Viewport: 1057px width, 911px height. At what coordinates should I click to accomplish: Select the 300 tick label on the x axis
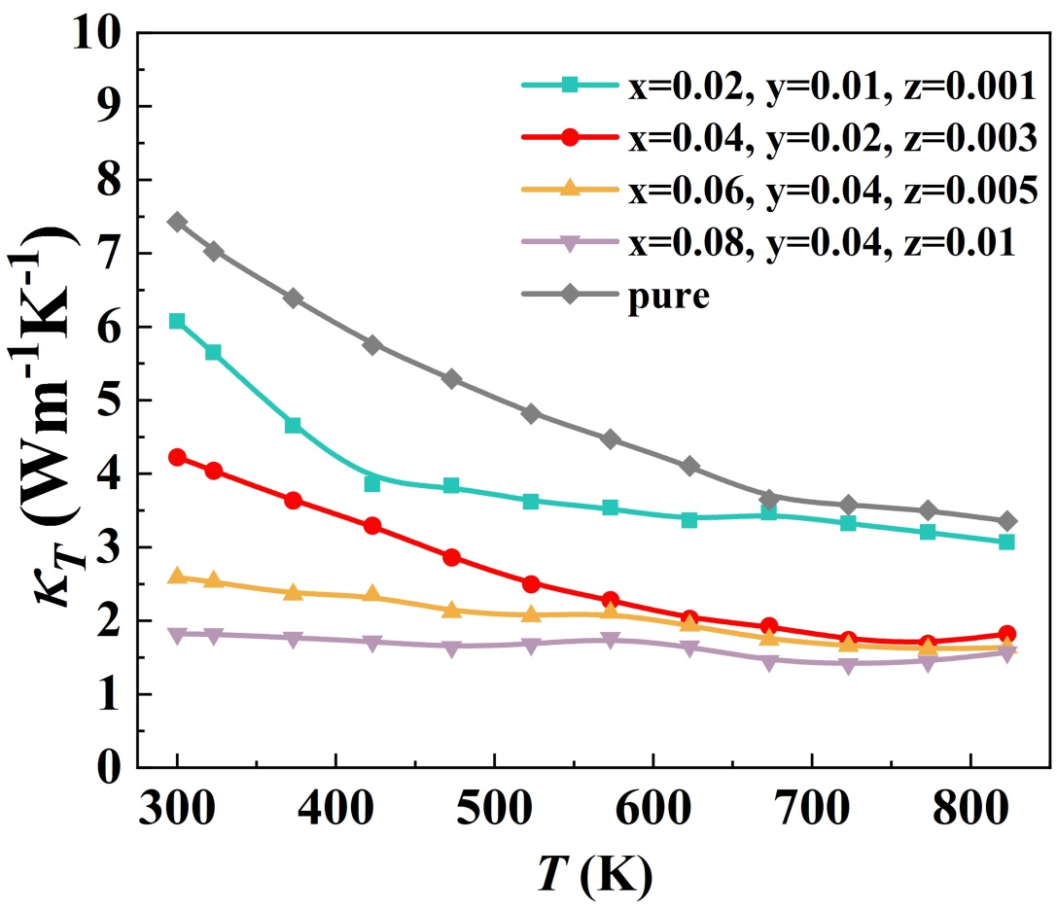point(177,806)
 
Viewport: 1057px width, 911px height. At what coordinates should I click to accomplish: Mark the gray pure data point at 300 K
point(177,222)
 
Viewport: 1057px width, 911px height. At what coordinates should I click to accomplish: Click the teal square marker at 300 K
point(177,321)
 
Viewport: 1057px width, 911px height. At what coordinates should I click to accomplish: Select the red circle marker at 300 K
point(177,457)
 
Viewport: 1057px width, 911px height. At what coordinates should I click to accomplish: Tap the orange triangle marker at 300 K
point(177,577)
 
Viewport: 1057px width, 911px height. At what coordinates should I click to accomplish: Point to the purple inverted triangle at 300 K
point(177,635)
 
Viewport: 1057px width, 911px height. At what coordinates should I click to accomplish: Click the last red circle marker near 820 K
point(1006,634)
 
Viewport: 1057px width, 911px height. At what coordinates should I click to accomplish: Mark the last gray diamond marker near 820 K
point(1006,521)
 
